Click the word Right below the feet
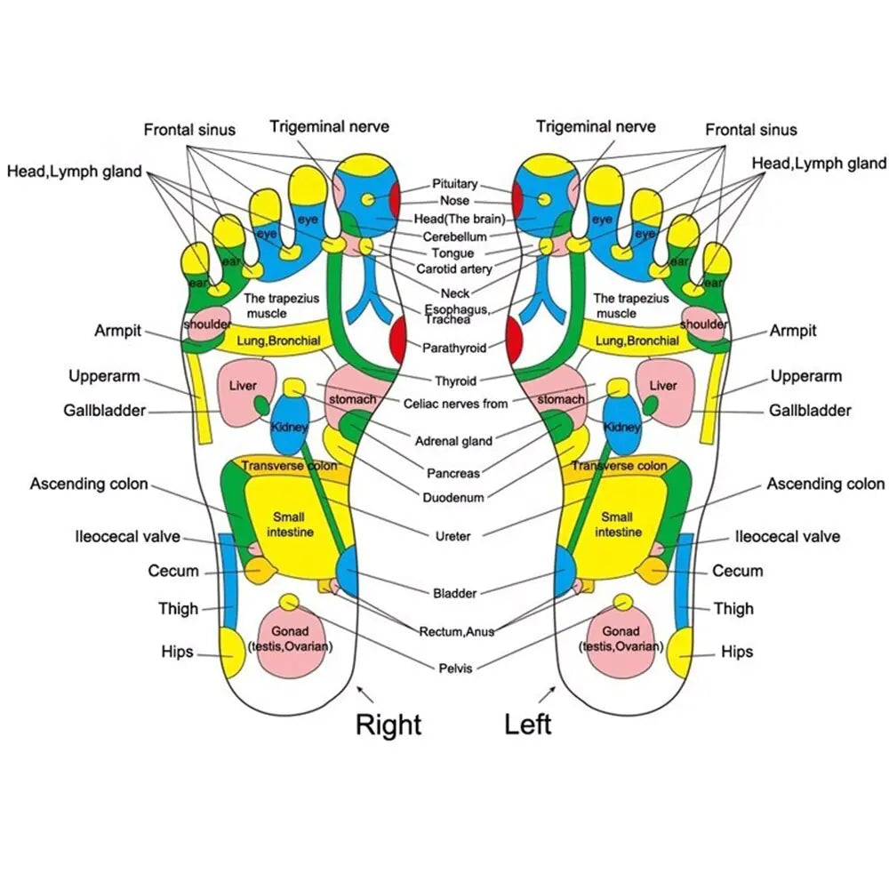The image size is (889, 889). (x=388, y=724)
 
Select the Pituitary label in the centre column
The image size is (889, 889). (x=454, y=184)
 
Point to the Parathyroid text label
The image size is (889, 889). (x=454, y=348)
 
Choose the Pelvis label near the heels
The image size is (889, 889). (x=455, y=668)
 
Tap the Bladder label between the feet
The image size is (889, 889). (x=454, y=593)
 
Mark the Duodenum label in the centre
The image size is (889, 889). (x=453, y=498)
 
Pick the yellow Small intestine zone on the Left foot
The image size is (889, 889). (x=617, y=525)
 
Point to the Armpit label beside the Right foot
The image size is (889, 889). (x=118, y=331)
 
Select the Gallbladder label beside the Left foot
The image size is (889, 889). (x=810, y=411)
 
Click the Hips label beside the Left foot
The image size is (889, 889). (x=736, y=652)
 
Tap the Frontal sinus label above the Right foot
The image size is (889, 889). (x=189, y=130)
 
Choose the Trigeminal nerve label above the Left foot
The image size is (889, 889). (x=596, y=126)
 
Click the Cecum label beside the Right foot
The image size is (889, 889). (x=173, y=571)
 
